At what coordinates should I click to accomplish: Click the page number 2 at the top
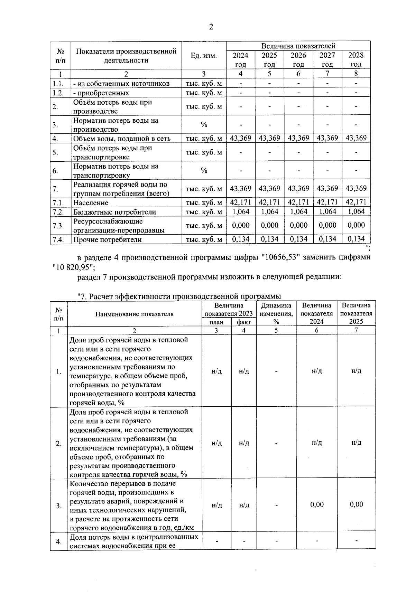click(211, 27)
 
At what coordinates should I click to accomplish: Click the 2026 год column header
click(298, 60)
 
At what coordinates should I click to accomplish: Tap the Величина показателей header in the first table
click(298, 46)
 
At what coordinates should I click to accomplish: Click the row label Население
click(91, 203)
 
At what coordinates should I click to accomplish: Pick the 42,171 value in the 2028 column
click(356, 202)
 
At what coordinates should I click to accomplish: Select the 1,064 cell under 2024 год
click(240, 211)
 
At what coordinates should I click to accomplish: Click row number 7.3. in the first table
click(58, 226)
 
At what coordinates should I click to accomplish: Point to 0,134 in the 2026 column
click(298, 239)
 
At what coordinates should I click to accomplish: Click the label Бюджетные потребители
click(114, 212)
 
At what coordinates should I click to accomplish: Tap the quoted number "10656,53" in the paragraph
click(280, 257)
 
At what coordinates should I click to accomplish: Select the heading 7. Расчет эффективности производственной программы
click(178, 296)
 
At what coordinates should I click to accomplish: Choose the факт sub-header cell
click(244, 322)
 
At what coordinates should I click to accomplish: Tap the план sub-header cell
click(216, 322)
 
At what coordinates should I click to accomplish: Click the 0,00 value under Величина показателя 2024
click(316, 504)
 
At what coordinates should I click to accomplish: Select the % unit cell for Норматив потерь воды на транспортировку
click(204, 171)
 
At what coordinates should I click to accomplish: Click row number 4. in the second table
click(59, 541)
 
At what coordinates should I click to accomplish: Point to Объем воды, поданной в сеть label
click(121, 139)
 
